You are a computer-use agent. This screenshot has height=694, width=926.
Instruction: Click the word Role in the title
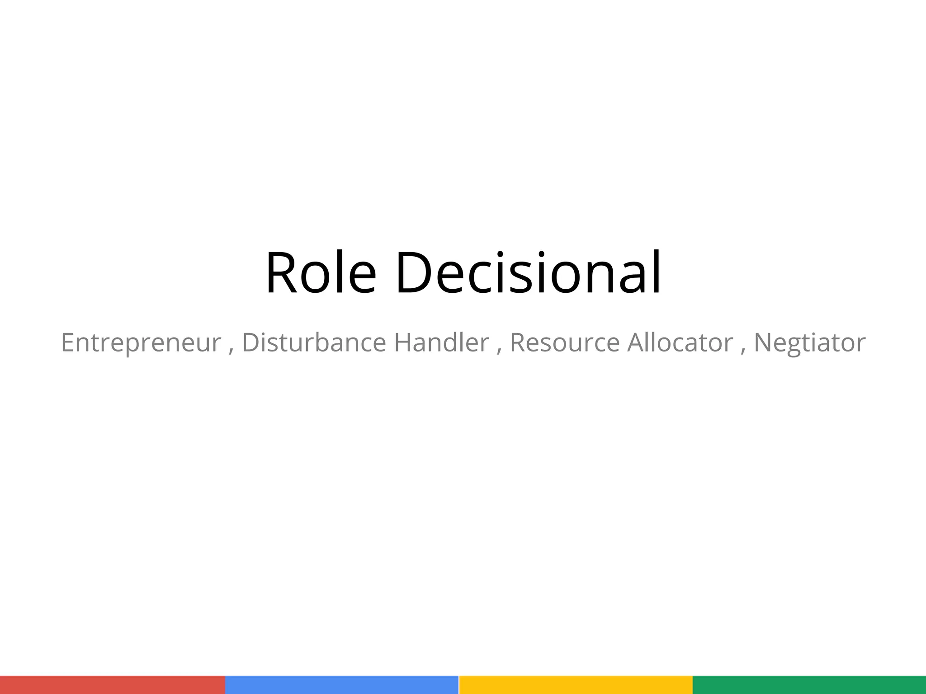click(321, 273)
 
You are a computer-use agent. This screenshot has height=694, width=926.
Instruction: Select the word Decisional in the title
click(528, 273)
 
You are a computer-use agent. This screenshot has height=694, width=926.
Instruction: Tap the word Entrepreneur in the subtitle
click(141, 342)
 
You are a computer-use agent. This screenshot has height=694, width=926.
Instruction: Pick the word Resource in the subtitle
click(564, 342)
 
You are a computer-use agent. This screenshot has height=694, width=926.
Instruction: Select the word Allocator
click(680, 342)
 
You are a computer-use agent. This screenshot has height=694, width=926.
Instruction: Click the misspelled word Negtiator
click(809, 342)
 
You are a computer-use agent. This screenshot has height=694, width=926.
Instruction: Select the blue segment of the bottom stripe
click(342, 685)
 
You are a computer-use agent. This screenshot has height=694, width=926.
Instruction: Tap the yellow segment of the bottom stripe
click(575, 685)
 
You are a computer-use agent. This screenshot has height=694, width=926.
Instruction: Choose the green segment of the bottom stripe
click(809, 685)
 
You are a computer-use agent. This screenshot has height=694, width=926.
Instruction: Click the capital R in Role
click(281, 273)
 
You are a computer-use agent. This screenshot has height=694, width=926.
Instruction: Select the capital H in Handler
click(402, 342)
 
